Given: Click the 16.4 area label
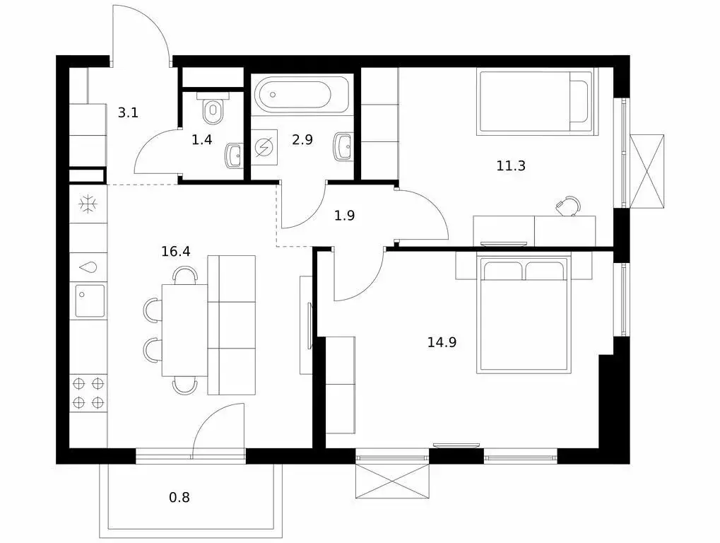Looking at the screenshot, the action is click(176, 251).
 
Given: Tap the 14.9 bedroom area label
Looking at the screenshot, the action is click(442, 342).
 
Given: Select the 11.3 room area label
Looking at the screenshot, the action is click(511, 165).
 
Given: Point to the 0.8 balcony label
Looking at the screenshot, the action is click(179, 498).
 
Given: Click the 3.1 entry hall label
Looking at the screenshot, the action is click(128, 112).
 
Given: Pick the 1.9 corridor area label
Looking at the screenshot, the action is click(344, 216).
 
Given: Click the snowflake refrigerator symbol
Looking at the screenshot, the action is click(87, 204).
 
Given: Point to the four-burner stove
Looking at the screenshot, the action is click(88, 393).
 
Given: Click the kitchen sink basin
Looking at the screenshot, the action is click(90, 300).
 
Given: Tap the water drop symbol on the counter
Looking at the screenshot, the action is click(88, 267).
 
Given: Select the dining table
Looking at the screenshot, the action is click(184, 330).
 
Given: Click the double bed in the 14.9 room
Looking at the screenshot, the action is click(523, 315).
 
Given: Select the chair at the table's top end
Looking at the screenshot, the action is click(185, 275).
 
